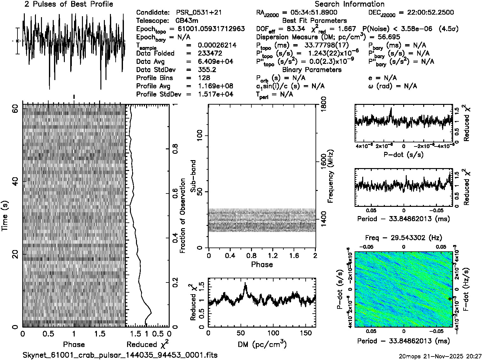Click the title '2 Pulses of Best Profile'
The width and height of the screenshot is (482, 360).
coord(69,4)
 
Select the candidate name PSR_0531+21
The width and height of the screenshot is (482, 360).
coord(199,13)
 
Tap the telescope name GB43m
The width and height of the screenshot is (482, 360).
coord(187,21)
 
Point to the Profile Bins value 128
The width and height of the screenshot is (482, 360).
coord(204,78)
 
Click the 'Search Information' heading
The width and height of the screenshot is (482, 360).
coord(350,4)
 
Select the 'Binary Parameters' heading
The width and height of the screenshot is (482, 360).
coord(312,70)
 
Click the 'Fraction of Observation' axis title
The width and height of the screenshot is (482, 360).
coord(182,216)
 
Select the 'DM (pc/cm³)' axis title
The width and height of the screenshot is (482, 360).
coord(262,344)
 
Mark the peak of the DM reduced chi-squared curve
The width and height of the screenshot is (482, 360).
coord(245,283)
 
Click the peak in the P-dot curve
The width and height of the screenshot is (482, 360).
coord(391,108)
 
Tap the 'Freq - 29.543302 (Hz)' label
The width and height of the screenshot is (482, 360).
coord(404,238)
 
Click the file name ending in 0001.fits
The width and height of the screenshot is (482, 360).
coord(120,355)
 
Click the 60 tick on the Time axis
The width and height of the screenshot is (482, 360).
coord(15,108)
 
